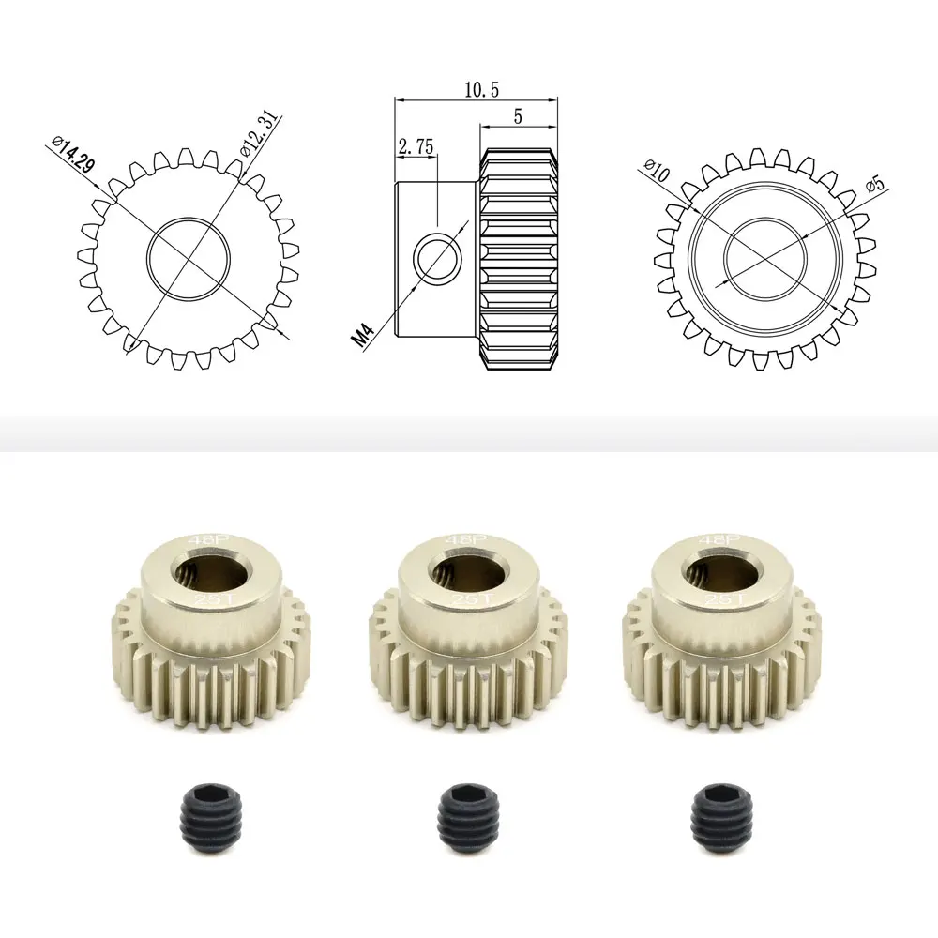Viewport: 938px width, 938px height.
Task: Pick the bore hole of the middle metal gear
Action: click(461, 570)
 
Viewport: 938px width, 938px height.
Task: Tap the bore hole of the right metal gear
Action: click(715, 570)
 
